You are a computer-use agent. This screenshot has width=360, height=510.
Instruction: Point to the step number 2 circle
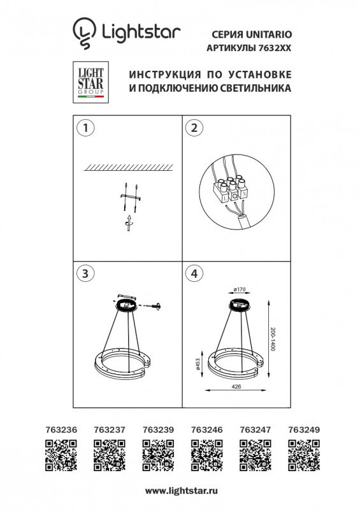pos(192,127)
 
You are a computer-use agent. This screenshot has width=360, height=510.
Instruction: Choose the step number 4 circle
pos(192,273)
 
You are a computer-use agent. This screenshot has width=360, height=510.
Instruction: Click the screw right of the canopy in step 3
pos(154,307)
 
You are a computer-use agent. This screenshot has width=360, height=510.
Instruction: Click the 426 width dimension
pos(236,386)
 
